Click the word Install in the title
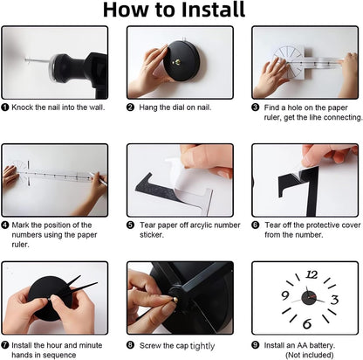213,10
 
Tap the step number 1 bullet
5,107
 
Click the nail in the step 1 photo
38,61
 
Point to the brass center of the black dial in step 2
176,61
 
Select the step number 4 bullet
5,225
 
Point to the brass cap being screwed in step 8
174,299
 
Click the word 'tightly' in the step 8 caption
202,346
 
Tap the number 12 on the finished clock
312,274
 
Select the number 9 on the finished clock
285,295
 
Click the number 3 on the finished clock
335,300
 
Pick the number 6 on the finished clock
307,323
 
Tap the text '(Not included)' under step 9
310,355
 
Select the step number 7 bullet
5,345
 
